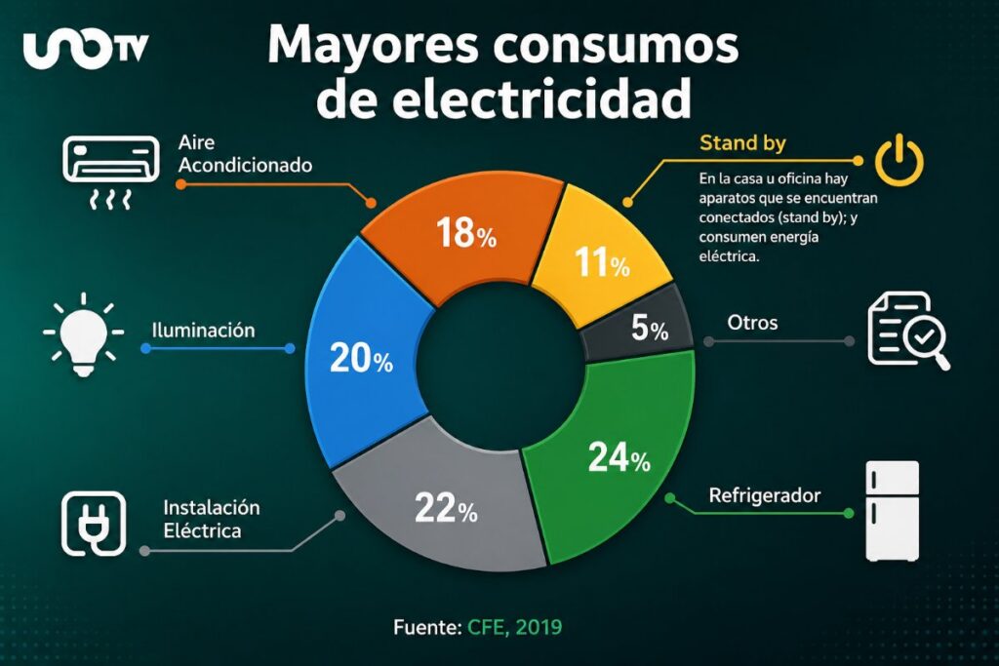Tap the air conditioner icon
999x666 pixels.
coord(109,172)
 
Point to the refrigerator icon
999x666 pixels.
coord(893,510)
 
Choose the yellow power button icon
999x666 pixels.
coord(899,161)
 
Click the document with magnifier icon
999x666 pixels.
coord(906,331)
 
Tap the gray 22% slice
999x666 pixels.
coord(444,507)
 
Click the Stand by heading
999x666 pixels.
coord(742,143)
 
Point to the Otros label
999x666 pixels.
coord(752,322)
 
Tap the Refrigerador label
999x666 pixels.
coord(764,495)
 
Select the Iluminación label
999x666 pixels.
coord(203,331)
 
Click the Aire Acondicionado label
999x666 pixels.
coord(244,154)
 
